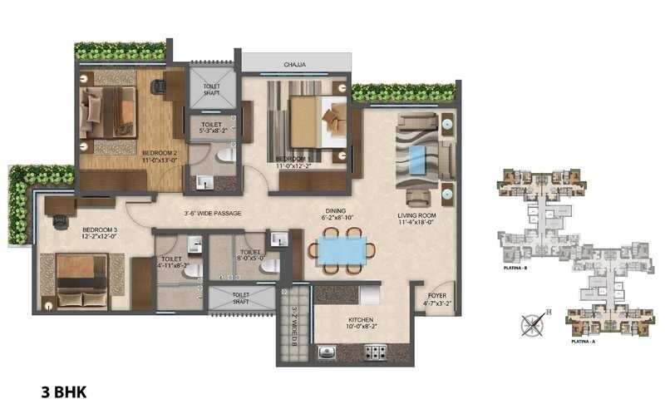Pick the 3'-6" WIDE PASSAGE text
(x=213, y=214)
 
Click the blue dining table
(x=342, y=250)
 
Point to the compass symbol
(x=531, y=322)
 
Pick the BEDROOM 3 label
(x=100, y=229)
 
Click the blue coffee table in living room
(x=416, y=158)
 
